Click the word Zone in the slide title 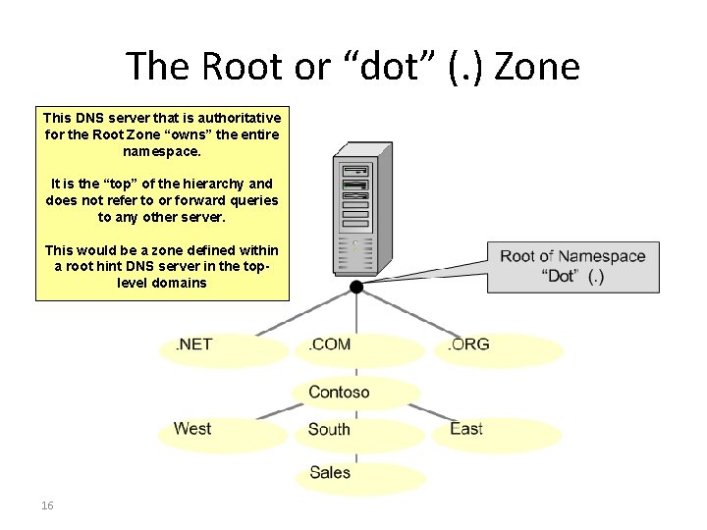click(537, 68)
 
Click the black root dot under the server click(355, 287)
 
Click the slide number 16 click(47, 505)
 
